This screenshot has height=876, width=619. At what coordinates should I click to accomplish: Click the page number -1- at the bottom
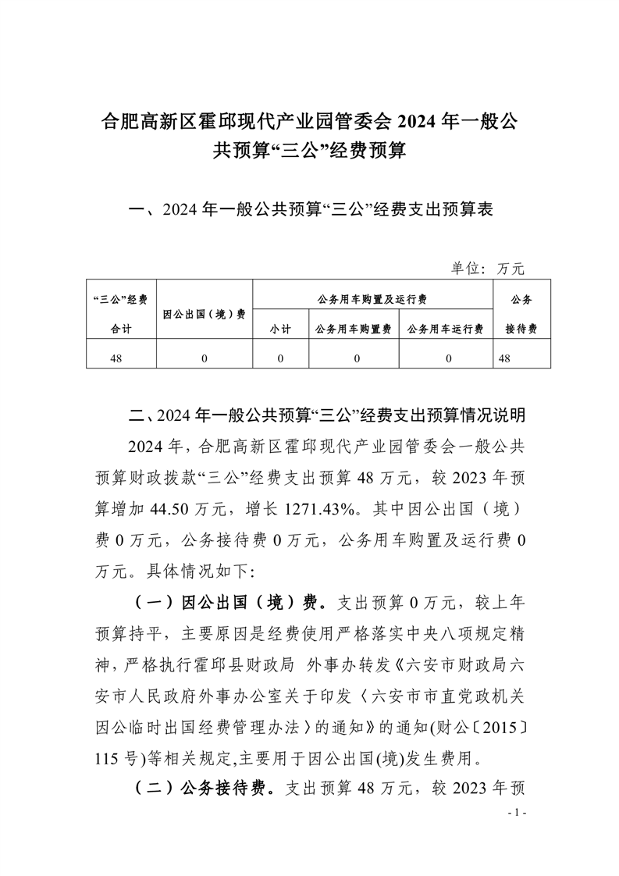pos(518,813)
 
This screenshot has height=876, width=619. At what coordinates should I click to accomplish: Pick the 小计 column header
pos(280,329)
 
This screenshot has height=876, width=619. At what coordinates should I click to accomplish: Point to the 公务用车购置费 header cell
pos(353,329)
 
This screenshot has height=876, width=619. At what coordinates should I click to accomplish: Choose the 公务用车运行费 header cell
pos(445,329)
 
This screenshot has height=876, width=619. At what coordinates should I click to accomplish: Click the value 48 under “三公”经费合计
pos(120,358)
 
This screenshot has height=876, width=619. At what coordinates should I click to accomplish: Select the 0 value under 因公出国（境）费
pos(205,358)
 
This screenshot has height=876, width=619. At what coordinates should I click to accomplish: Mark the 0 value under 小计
pos(280,358)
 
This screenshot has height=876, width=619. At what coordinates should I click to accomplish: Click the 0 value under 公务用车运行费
pos(448,358)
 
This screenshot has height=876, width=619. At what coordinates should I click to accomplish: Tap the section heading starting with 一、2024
pos(310,210)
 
